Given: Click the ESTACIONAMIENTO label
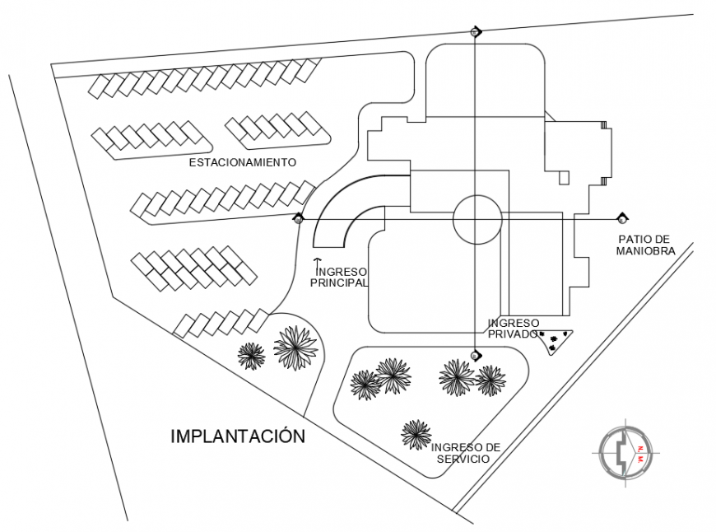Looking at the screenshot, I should pyautogui.click(x=242, y=162).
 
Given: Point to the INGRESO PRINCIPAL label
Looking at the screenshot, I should pyautogui.click(x=338, y=276).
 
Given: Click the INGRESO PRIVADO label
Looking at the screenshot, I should pyautogui.click(x=513, y=328).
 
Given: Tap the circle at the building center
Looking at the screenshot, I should pyautogui.click(x=477, y=219).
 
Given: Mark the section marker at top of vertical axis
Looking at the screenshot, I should pyautogui.click(x=475, y=31).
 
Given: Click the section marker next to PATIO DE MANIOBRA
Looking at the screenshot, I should pyautogui.click(x=622, y=219).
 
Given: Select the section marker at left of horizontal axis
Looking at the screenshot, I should pyautogui.click(x=298, y=219).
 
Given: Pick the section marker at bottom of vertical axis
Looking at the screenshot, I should pyautogui.click(x=475, y=356).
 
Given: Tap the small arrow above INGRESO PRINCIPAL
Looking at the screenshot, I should pyautogui.click(x=317, y=262).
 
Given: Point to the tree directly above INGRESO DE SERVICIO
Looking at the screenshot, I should pyautogui.click(x=416, y=433).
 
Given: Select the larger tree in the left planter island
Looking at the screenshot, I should pyautogui.click(x=295, y=347).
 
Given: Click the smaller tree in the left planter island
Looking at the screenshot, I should pyautogui.click(x=251, y=355).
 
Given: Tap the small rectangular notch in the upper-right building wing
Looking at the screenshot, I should pyautogui.click(x=564, y=176).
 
